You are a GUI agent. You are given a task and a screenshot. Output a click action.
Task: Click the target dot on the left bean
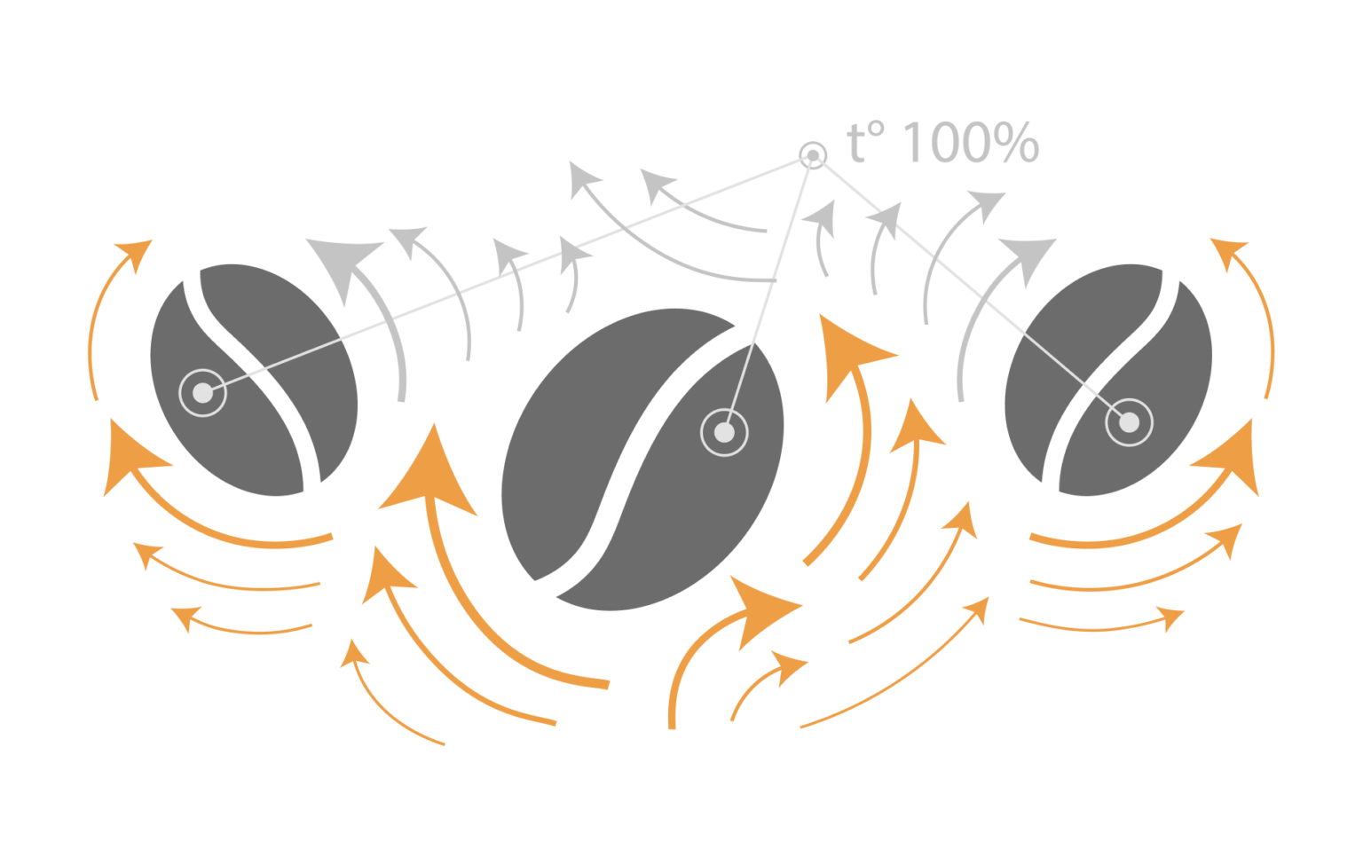202,392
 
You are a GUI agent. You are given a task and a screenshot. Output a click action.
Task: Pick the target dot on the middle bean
724,433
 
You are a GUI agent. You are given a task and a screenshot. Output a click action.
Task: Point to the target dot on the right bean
1129,422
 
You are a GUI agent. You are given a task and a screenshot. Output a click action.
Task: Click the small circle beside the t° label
811,156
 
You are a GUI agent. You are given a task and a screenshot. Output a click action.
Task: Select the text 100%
973,144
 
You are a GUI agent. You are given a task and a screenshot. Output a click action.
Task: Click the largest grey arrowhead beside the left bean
343,266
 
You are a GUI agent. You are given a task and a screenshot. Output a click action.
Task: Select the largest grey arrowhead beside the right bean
1029,257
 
